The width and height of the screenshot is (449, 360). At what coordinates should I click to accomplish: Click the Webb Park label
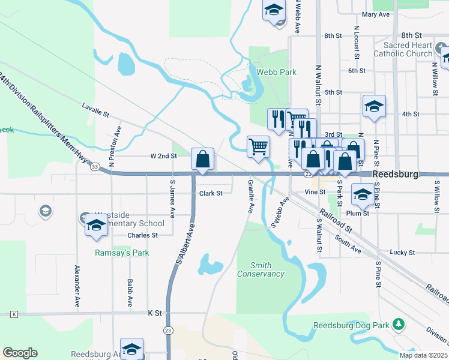coord(276,72)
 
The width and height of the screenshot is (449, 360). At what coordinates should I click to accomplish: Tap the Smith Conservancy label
coord(261,269)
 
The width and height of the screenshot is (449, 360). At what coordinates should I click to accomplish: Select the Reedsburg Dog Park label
coord(351,326)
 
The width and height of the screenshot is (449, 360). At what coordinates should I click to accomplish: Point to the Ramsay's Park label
coord(122,253)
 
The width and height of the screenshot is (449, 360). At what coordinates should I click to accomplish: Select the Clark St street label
coord(211,193)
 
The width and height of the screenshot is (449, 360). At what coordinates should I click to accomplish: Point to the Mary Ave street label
coord(376,14)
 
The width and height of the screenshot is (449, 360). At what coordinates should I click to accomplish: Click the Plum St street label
coord(357,213)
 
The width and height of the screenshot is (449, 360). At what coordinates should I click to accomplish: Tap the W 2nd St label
coord(163,156)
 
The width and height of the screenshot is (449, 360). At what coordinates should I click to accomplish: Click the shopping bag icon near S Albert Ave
coord(203,160)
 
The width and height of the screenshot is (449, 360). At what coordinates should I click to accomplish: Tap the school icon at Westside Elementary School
coord(95,226)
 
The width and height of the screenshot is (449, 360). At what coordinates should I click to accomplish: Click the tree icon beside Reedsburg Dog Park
coord(397,325)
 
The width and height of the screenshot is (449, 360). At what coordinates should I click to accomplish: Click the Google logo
coord(20,353)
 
